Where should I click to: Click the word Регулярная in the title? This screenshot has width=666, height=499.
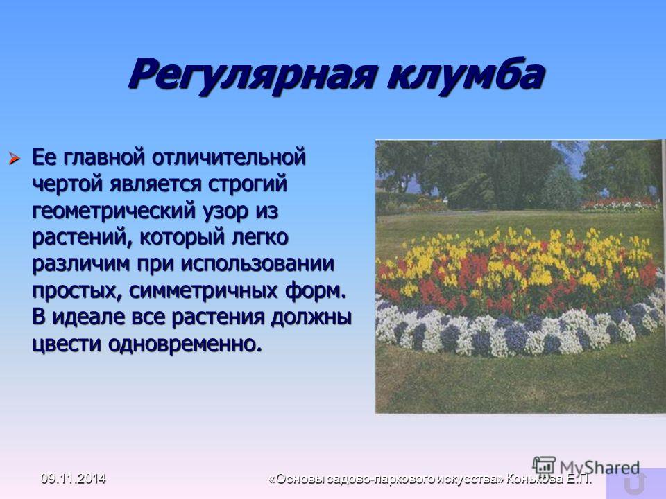point(253,76)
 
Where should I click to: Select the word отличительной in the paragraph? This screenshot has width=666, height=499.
point(228,157)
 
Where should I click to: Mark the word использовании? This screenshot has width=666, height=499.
point(257,264)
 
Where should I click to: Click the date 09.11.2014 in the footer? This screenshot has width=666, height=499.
point(73,478)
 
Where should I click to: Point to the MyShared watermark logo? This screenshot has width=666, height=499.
point(586,466)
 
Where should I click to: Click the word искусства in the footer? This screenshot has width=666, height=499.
point(470,479)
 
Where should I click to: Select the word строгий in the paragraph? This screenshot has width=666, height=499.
point(248,184)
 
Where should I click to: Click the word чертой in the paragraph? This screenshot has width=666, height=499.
point(68,184)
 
